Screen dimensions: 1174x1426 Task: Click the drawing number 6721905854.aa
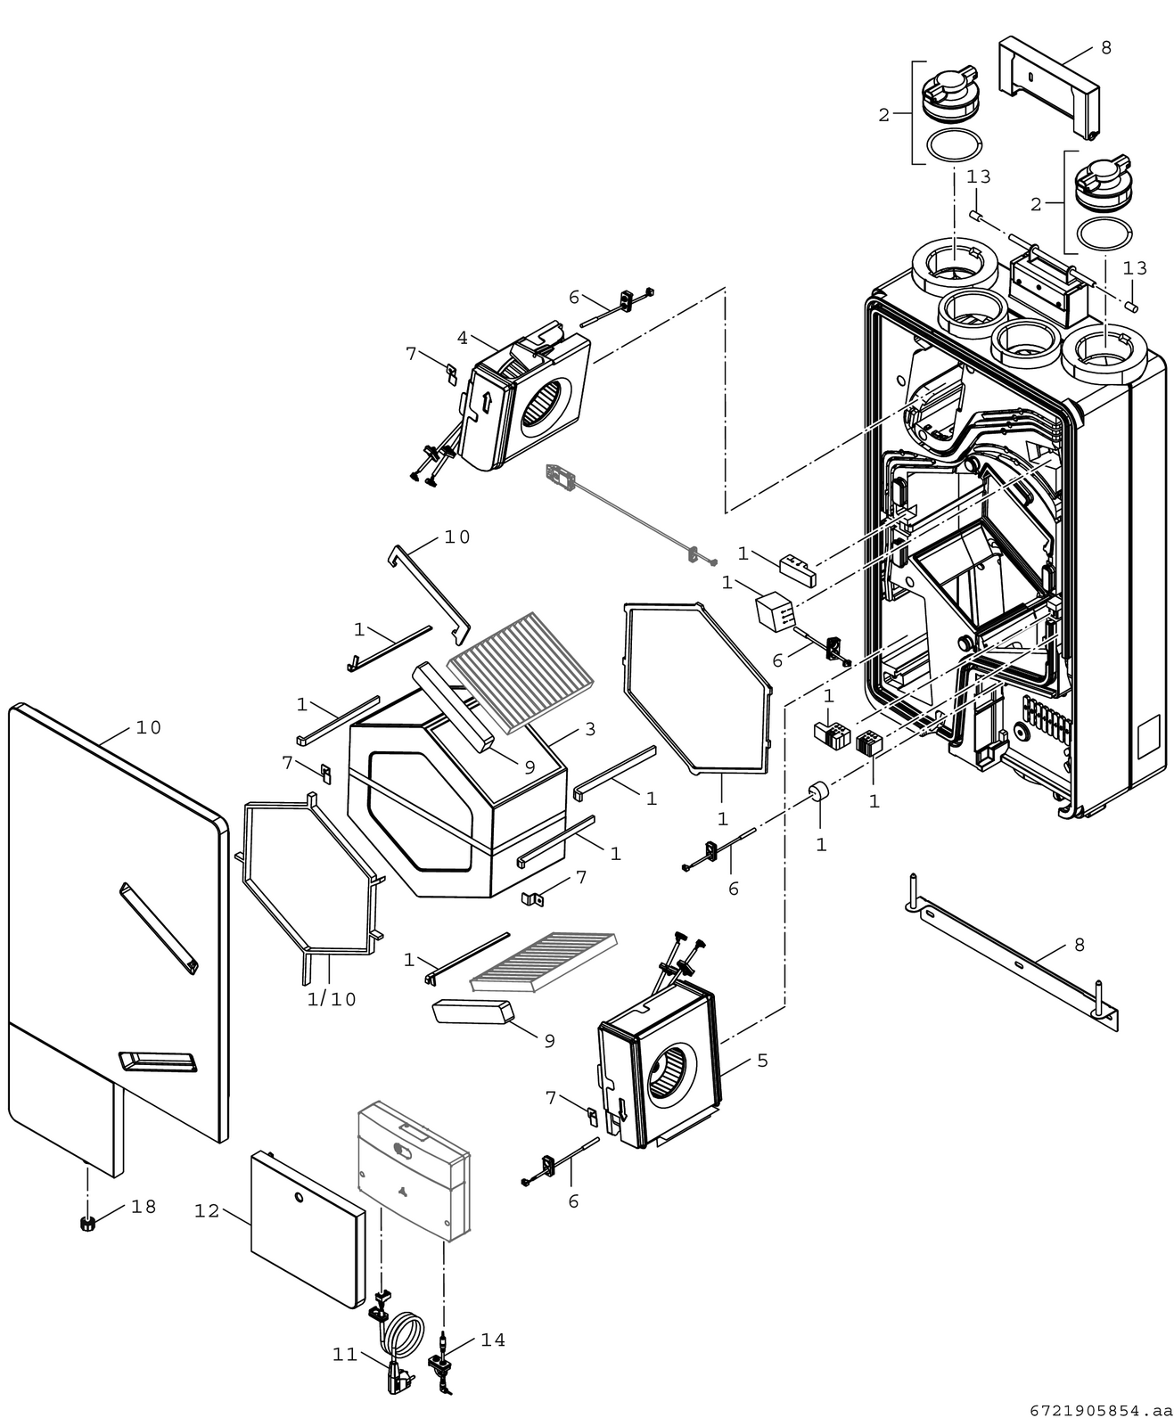(1101, 1411)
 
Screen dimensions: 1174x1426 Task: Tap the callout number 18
(144, 1207)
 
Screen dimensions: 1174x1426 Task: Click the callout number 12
(207, 1211)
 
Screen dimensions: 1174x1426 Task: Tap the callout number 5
(763, 1061)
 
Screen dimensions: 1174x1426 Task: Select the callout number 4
(462, 338)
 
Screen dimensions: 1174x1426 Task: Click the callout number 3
(590, 729)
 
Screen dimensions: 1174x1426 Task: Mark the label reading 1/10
(332, 999)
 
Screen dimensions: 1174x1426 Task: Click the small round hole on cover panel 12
(299, 1197)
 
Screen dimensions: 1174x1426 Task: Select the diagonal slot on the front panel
(159, 928)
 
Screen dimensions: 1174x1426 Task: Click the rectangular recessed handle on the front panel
(159, 1061)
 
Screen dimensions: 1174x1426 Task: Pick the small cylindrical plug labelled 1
(819, 791)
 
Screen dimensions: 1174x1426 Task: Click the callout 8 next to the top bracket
(1105, 48)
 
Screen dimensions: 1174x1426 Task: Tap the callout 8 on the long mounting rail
(1080, 945)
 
